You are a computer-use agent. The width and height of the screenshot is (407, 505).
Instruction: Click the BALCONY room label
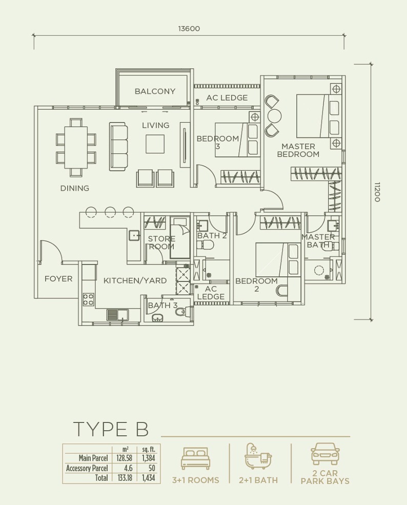tap(155, 91)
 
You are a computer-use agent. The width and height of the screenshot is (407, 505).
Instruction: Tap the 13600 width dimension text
tap(189, 29)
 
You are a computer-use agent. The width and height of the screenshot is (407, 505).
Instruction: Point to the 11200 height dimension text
tap(377, 192)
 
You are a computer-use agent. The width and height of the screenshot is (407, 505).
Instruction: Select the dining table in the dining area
tap(76, 148)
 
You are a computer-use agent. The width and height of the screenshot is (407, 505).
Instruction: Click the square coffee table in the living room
tap(155, 144)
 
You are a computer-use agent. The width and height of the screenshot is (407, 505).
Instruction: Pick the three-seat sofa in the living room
tap(118, 146)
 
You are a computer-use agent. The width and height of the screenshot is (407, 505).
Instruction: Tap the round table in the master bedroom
tap(275, 116)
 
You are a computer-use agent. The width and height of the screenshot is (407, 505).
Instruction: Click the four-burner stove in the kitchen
tap(89, 299)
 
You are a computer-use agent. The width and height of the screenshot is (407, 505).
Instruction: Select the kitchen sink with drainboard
tap(117, 315)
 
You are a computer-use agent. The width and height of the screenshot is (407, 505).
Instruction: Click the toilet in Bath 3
tap(181, 312)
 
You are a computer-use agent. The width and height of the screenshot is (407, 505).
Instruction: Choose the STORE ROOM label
tap(161, 243)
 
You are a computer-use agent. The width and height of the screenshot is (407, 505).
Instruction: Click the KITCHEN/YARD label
tap(135, 280)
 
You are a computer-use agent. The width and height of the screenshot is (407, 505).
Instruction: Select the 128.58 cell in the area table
tap(124, 458)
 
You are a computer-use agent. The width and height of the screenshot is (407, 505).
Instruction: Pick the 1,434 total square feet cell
tap(149, 478)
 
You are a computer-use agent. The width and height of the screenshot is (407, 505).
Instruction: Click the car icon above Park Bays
tap(325, 454)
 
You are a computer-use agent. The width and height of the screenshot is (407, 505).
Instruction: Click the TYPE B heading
tap(111, 429)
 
